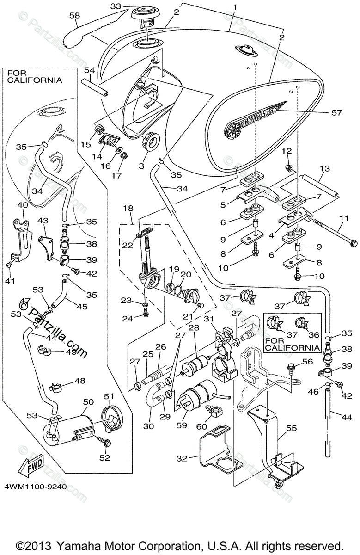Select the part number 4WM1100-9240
tap(36, 487)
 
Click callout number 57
tap(337, 113)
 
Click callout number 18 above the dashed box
tap(128, 208)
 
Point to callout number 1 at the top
tap(235, 8)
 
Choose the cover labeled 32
tap(218, 450)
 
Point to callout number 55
tap(291, 428)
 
